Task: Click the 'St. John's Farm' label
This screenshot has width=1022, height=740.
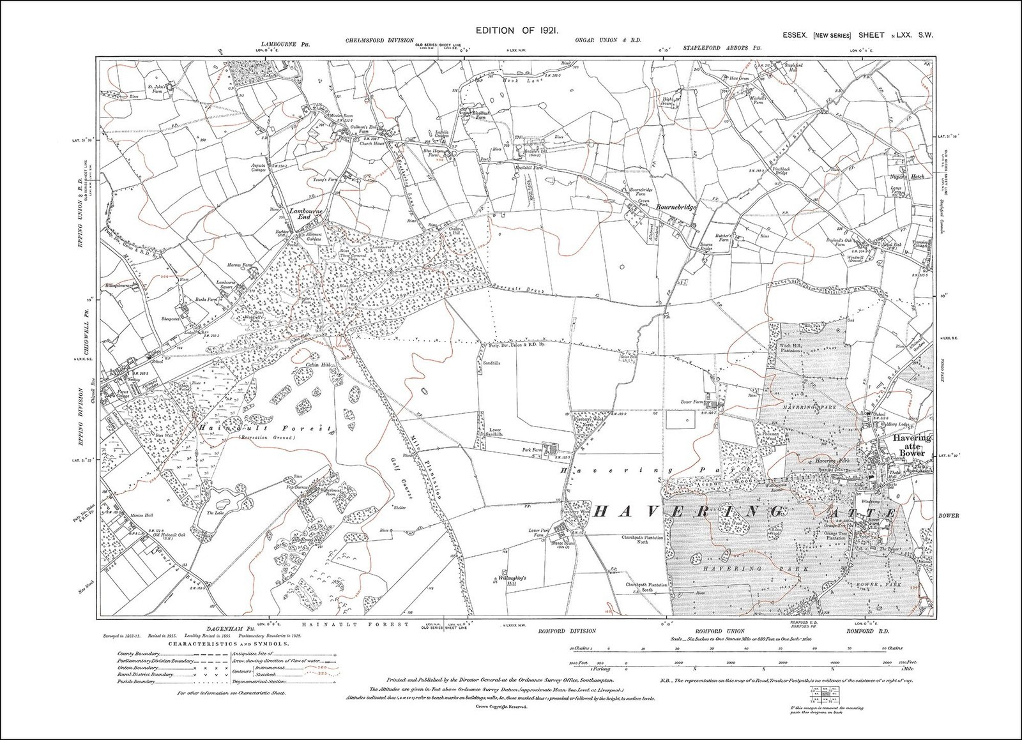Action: coord(157,89)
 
